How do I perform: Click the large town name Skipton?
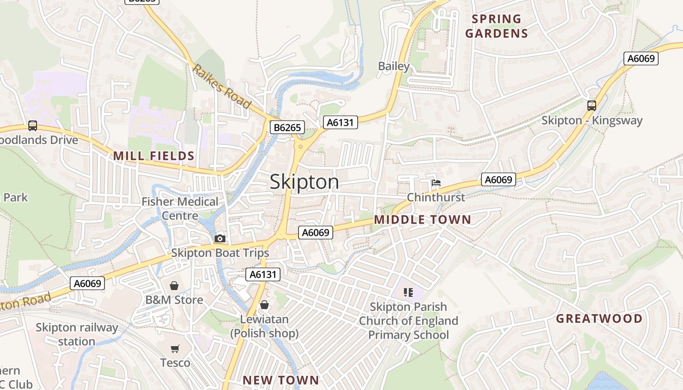tap(304, 182)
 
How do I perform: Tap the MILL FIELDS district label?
tap(154, 156)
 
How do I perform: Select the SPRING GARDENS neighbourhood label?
tap(497, 26)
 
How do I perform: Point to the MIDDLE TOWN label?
tap(422, 220)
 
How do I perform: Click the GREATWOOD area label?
tap(600, 319)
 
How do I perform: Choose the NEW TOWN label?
tap(281, 380)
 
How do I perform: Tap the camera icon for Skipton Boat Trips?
tap(220, 238)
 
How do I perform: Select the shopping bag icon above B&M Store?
tap(174, 285)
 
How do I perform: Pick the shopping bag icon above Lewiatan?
tap(264, 305)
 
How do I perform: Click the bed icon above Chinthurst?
tap(436, 183)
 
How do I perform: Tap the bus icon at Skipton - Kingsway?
tap(592, 105)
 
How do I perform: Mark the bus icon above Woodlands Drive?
tap(33, 126)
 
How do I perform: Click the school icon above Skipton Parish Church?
tap(408, 292)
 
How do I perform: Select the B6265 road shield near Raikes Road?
tap(287, 128)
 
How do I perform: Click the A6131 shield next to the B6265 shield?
tap(340, 122)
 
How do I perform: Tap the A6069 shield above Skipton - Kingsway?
tap(641, 58)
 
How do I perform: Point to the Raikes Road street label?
tap(221, 86)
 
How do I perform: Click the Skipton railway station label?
tap(77, 334)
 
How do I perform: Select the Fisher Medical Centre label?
tap(180, 209)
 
